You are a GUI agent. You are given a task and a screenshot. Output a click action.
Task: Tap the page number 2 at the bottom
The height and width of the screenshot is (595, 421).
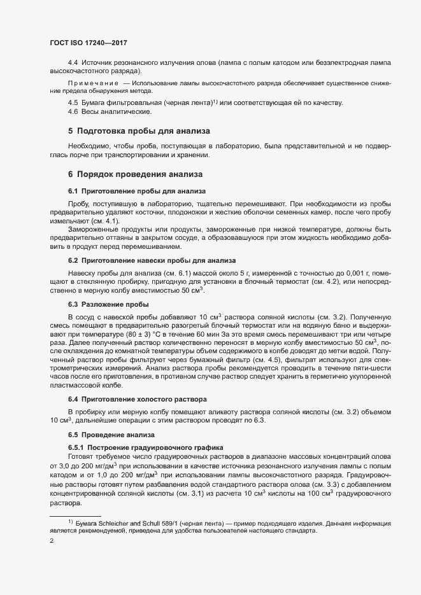tap(51, 541)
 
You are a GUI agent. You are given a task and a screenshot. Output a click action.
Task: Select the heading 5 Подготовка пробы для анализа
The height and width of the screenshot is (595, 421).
tap(138, 131)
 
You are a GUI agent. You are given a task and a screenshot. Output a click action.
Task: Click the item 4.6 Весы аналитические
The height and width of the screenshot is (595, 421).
tap(110, 112)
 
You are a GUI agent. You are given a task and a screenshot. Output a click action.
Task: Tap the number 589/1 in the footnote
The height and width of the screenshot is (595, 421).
tap(161, 522)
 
